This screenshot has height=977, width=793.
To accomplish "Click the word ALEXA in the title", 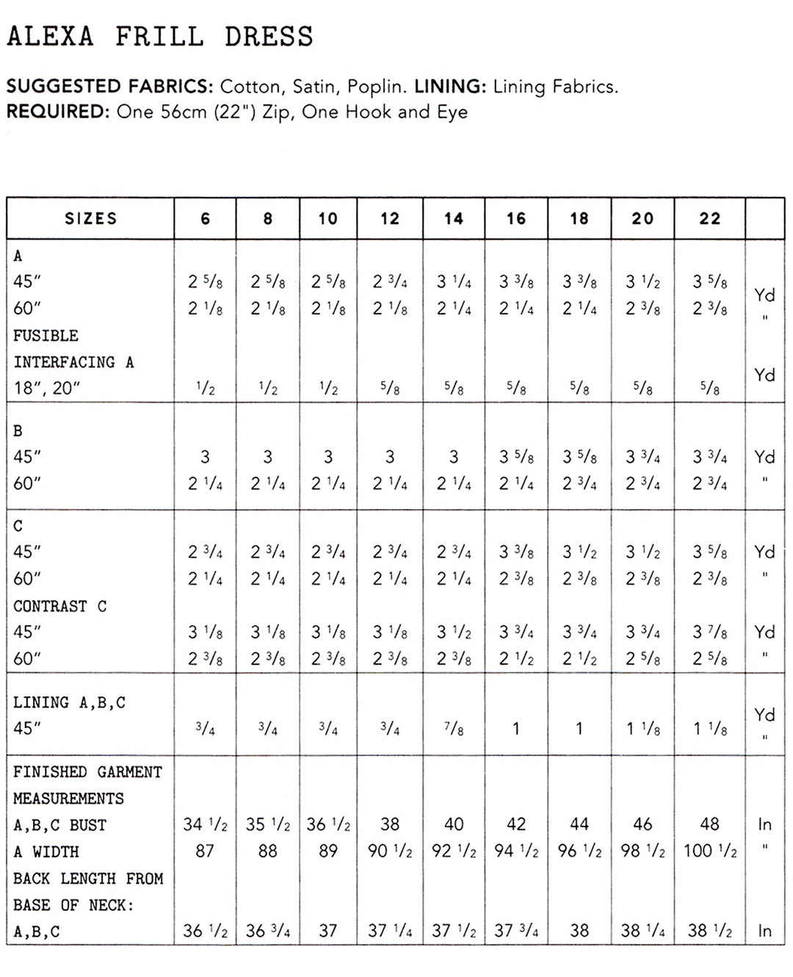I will pyautogui.click(x=51, y=37).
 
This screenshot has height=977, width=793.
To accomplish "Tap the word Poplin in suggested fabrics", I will pyautogui.click(x=375, y=87).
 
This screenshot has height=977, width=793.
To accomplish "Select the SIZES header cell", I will pyautogui.click(x=90, y=218).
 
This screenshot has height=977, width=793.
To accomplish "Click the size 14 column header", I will pyautogui.click(x=454, y=218).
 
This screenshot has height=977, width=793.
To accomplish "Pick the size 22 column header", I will pyautogui.click(x=709, y=218).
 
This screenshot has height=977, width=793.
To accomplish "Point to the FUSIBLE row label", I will pyautogui.click(x=46, y=336).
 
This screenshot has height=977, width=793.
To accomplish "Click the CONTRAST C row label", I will pyautogui.click(x=60, y=606).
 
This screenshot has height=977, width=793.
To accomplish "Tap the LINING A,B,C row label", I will pyautogui.click(x=69, y=702).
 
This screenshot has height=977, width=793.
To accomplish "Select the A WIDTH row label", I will pyautogui.click(x=46, y=851).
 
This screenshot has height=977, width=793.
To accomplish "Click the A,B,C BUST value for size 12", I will pyautogui.click(x=390, y=824).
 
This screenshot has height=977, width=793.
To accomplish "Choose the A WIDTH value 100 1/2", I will pyautogui.click(x=709, y=851).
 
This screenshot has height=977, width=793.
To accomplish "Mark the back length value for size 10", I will pyautogui.click(x=328, y=931).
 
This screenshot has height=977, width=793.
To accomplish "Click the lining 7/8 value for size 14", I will pyautogui.click(x=454, y=729).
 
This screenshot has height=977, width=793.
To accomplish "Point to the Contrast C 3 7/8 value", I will pyautogui.click(x=709, y=632).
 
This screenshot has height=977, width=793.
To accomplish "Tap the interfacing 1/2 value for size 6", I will pyautogui.click(x=205, y=388).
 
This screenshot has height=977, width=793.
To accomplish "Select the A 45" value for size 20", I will pyautogui.click(x=642, y=282).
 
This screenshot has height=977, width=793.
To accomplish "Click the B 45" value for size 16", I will pyautogui.click(x=516, y=457).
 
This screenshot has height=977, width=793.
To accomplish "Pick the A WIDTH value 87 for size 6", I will pyautogui.click(x=205, y=851).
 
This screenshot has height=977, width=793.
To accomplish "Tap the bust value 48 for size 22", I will pyautogui.click(x=709, y=824).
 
